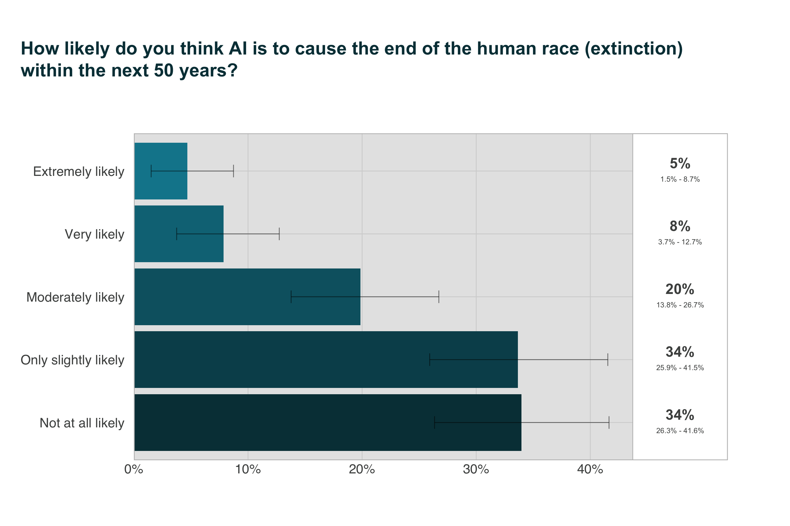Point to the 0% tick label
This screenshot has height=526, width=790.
[x=134, y=470]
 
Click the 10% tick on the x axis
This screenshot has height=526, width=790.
[x=248, y=470]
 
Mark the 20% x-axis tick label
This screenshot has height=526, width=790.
[x=362, y=470]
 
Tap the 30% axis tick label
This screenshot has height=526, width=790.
[x=476, y=470]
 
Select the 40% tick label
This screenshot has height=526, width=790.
[x=590, y=470]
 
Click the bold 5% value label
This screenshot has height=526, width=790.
[x=680, y=164]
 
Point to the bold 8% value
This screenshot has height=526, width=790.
[x=680, y=227]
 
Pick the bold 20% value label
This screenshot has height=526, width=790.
[x=680, y=289]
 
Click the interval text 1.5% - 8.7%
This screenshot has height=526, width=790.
[x=680, y=179]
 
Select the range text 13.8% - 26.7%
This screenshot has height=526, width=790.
[x=680, y=305]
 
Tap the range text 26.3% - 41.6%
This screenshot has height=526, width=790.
[x=680, y=431]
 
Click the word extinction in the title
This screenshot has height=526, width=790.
[x=633, y=49]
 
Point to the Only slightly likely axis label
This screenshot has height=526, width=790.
[x=72, y=360]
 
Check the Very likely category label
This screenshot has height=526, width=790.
[x=94, y=234]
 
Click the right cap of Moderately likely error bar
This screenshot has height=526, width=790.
[x=439, y=297]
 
